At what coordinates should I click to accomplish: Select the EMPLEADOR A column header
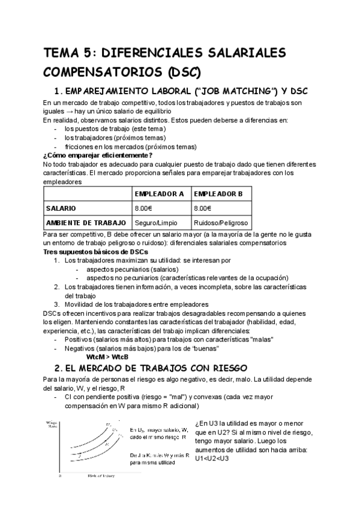(x=159, y=194)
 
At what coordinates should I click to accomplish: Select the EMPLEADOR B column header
(x=218, y=194)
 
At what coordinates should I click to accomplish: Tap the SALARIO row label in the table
(x=61, y=208)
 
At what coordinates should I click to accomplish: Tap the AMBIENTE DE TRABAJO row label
(x=86, y=222)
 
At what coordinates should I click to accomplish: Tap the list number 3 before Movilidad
(x=56, y=304)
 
